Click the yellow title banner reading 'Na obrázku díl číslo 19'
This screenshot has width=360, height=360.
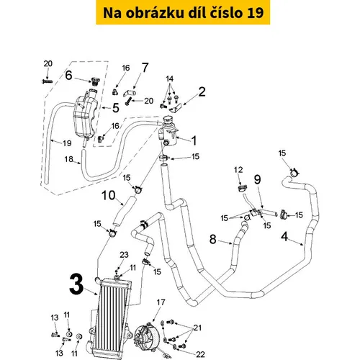[x=183, y=12]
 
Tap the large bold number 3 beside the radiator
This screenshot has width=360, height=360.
[x=76, y=284]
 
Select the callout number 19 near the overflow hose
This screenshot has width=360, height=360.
[x=67, y=143]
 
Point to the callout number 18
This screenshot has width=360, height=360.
[x=68, y=159]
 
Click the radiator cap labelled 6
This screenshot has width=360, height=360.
[x=96, y=81]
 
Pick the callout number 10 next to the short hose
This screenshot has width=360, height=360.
[x=109, y=195]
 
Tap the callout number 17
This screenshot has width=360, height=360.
[x=161, y=302]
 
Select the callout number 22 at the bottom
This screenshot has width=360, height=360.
[x=200, y=354]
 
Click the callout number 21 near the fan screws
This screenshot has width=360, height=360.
[x=197, y=328]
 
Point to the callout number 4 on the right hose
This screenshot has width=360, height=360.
[x=284, y=237]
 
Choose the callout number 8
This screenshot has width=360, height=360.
[x=213, y=239]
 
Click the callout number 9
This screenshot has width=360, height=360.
[x=257, y=179]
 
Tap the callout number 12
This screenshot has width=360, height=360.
[x=238, y=170]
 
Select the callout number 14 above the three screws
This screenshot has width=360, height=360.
[x=169, y=78]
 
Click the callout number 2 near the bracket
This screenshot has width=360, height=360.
[x=202, y=92]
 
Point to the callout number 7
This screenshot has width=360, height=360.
[x=145, y=68]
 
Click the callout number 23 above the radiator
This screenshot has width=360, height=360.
[x=124, y=255]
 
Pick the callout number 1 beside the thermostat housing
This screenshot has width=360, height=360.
[x=194, y=140]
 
